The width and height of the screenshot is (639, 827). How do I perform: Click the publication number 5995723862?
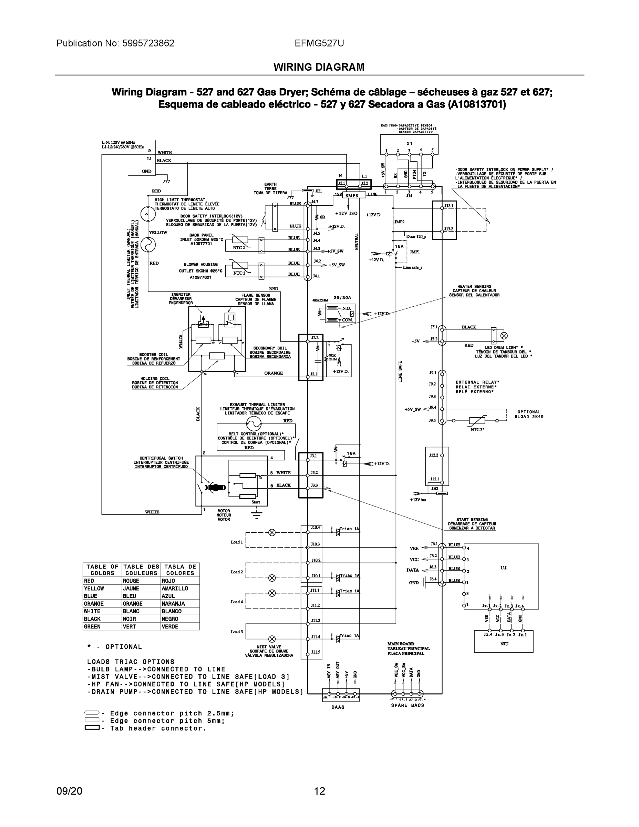click(x=148, y=43)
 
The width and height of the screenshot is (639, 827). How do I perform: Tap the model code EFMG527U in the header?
click(x=319, y=43)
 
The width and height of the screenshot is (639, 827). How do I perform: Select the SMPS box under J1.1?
click(x=352, y=195)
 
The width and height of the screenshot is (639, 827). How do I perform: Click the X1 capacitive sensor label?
click(x=409, y=143)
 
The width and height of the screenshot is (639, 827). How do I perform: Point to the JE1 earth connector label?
click(x=318, y=191)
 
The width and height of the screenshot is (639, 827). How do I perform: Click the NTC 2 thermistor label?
click(x=239, y=248)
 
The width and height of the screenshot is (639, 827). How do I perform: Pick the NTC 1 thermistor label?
click(x=239, y=273)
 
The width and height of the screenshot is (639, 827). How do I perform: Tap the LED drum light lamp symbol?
click(x=504, y=336)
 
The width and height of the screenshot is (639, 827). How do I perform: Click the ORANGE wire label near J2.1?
click(x=273, y=373)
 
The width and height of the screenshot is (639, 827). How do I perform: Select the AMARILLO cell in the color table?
click(x=175, y=589)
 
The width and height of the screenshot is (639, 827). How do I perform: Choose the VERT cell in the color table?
click(x=129, y=627)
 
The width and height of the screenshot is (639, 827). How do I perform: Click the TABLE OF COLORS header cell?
click(x=102, y=570)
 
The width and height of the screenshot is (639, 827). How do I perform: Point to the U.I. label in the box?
click(x=504, y=568)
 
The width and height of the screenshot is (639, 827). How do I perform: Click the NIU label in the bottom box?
click(x=504, y=644)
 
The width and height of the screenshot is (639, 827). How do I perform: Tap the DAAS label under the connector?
click(x=338, y=707)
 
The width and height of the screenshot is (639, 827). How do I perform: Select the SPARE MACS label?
click(x=407, y=705)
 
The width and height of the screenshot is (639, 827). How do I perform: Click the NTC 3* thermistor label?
click(x=477, y=429)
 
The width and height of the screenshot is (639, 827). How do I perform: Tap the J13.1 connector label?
click(x=449, y=206)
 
